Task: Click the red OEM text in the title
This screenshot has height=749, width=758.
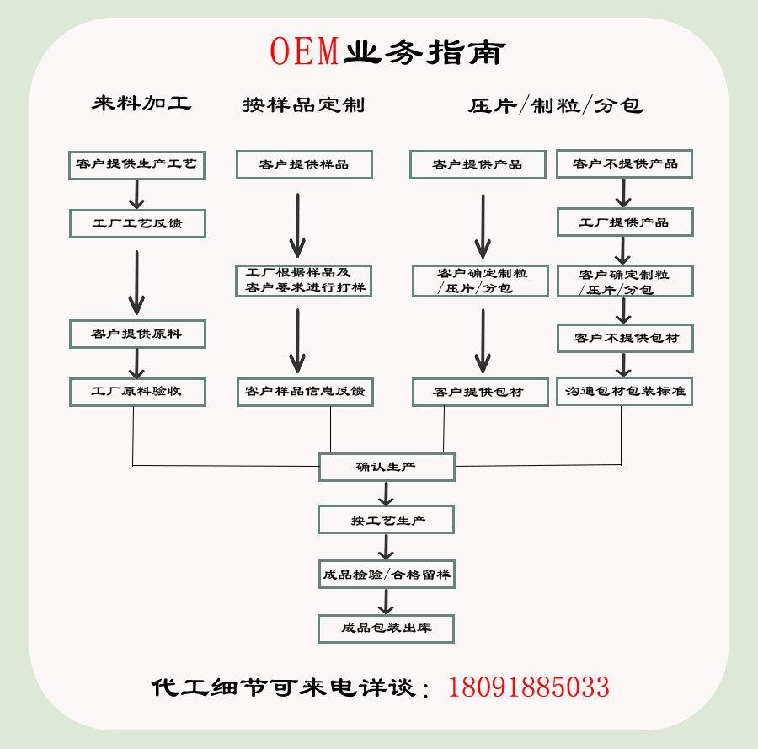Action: click(305, 51)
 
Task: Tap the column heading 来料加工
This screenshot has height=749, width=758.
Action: click(141, 103)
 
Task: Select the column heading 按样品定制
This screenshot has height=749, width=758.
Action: click(303, 104)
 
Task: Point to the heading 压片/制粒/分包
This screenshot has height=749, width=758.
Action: click(555, 105)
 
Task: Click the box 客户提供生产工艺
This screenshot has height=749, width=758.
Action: click(136, 163)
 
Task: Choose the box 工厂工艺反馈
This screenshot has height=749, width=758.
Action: click(136, 223)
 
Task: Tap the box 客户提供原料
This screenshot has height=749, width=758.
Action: click(136, 334)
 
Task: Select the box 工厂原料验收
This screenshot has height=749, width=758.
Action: click(136, 391)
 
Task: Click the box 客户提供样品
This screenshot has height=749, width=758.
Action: click(303, 164)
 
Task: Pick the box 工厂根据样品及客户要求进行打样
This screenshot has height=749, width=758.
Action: click(303, 281)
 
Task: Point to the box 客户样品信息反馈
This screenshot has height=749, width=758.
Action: click(303, 392)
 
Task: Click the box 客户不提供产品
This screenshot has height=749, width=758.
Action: click(624, 163)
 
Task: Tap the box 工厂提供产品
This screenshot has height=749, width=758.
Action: click(624, 222)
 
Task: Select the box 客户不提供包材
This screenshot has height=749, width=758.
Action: click(624, 338)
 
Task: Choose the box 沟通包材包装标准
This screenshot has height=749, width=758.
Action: click(624, 391)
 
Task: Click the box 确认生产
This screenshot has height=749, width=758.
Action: click(386, 467)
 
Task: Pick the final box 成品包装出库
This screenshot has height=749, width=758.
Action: click(386, 628)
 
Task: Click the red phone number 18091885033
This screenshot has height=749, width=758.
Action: click(529, 687)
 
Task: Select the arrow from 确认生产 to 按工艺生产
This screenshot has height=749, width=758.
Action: click(386, 494)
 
